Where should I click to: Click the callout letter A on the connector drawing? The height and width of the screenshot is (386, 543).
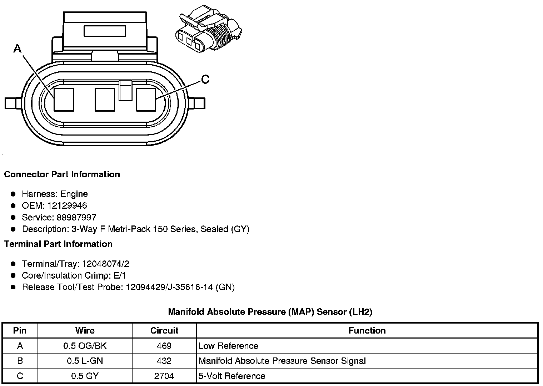[x=17, y=48]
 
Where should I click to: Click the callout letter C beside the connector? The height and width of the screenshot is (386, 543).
[x=205, y=79]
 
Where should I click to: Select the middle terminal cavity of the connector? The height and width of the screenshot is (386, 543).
[x=105, y=100]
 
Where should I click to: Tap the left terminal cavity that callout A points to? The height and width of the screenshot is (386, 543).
[x=64, y=100]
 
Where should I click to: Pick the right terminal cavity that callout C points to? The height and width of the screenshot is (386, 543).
[x=146, y=100]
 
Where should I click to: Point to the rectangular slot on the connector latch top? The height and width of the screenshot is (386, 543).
[x=105, y=31]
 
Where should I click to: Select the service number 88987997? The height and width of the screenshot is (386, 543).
[x=76, y=217]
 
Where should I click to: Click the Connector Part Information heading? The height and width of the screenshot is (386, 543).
[x=62, y=174]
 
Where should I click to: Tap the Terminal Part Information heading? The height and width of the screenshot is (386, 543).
[x=58, y=244]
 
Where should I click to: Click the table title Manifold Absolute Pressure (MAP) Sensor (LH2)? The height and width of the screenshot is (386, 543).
[x=270, y=312]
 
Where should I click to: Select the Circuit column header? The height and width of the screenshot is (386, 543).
[x=164, y=331]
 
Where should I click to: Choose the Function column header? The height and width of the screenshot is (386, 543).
[x=367, y=331]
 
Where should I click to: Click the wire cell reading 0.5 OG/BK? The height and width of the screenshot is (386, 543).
[x=85, y=346]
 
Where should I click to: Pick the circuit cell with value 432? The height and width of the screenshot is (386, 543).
[x=164, y=361]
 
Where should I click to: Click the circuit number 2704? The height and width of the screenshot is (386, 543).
[x=164, y=376]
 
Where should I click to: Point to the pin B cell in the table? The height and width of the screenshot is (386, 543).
[x=20, y=361]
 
